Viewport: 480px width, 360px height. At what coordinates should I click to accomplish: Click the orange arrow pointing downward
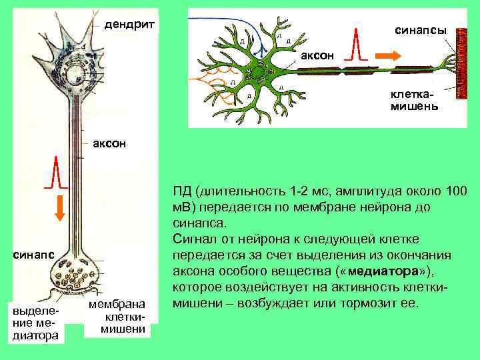(x=59, y=208)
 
